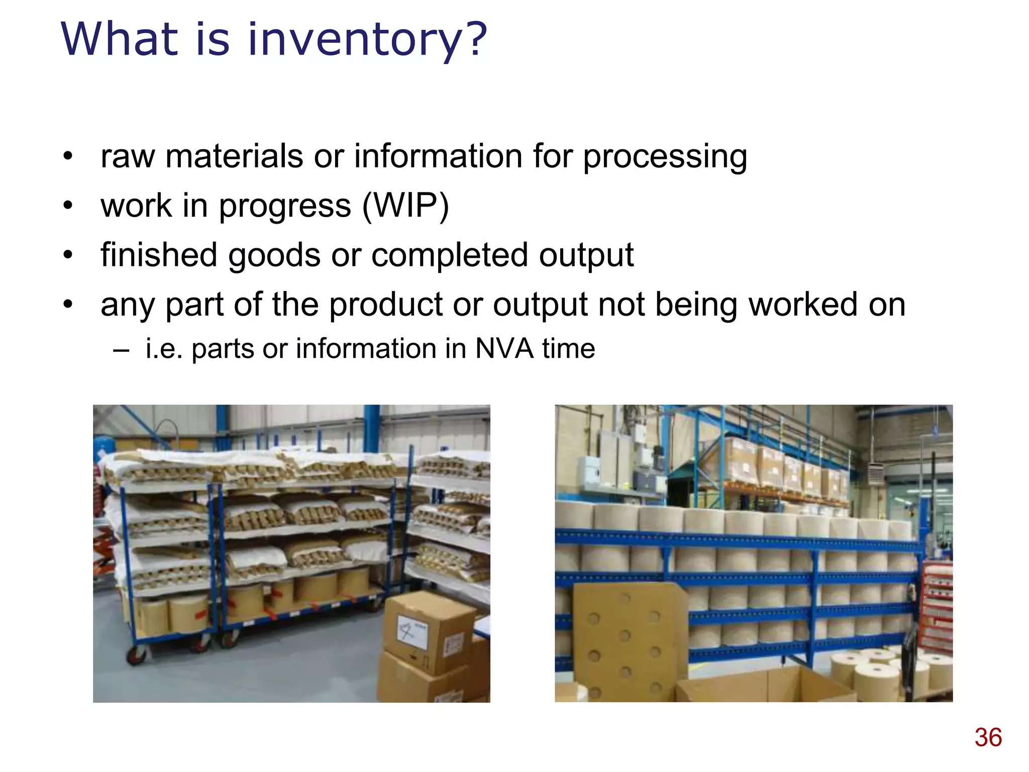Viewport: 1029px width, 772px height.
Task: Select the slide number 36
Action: click(x=988, y=737)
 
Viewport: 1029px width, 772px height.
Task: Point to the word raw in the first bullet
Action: click(x=127, y=156)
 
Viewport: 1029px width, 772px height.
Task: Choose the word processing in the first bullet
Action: click(x=665, y=156)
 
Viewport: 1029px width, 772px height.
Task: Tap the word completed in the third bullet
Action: click(x=449, y=255)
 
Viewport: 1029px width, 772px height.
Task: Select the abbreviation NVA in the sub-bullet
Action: click(x=504, y=348)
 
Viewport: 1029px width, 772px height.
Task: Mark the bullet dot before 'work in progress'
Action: click(x=68, y=206)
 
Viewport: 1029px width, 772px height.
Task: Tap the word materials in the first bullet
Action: click(x=234, y=156)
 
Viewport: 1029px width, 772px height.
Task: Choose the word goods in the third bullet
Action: click(x=274, y=255)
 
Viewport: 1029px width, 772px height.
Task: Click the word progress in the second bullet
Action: click(x=285, y=206)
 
